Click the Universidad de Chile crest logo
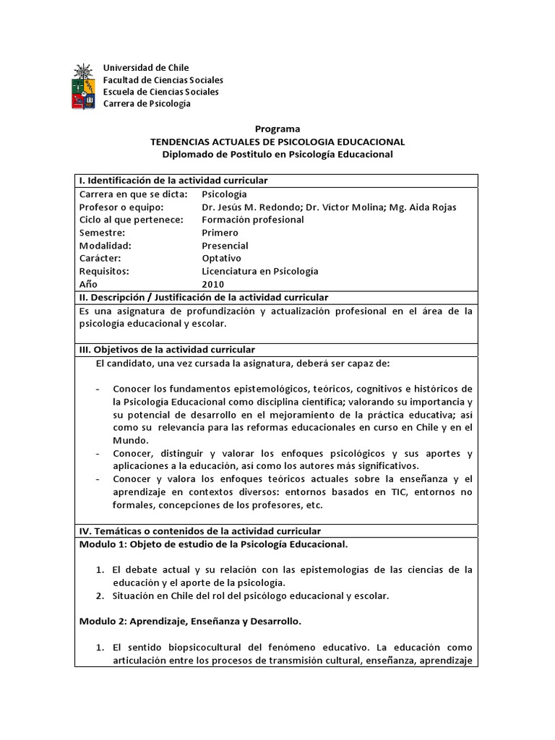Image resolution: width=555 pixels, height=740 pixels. click(83, 86)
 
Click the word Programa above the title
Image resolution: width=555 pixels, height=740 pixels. click(277, 129)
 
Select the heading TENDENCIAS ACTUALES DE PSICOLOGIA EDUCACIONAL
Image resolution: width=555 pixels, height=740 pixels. click(277, 142)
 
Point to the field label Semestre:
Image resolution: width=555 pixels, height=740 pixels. click(102, 233)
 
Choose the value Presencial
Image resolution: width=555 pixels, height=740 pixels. click(225, 246)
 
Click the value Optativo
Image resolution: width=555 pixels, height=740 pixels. click(222, 258)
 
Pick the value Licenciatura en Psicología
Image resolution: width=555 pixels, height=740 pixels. click(259, 271)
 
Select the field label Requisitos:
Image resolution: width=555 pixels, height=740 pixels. click(104, 271)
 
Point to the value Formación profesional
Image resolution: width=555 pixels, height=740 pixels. click(253, 220)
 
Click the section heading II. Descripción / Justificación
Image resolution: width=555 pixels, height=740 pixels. click(203, 297)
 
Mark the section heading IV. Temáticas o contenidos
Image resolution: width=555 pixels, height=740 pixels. click(199, 531)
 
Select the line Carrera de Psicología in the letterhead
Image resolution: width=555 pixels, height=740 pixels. click(147, 103)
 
